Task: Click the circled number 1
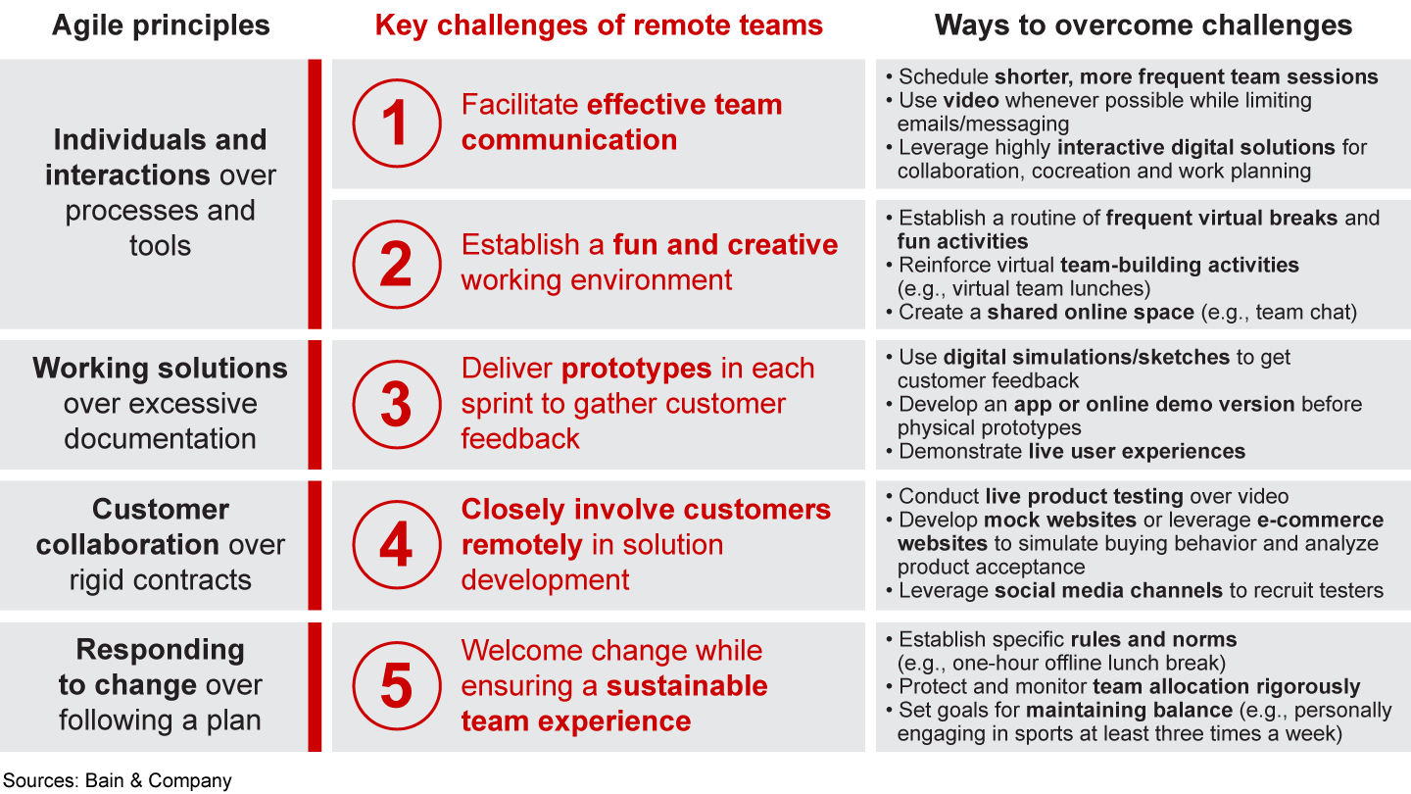[x=396, y=124]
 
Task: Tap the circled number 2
[x=396, y=265]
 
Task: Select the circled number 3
[x=396, y=405]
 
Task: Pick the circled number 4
[x=396, y=545]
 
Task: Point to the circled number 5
[x=396, y=686]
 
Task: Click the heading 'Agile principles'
[x=160, y=25]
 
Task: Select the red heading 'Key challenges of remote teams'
[x=599, y=25]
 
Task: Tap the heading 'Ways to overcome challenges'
[x=1143, y=25]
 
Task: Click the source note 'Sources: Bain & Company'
[x=117, y=780]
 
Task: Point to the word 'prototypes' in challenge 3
[x=636, y=369]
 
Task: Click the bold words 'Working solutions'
[x=160, y=369]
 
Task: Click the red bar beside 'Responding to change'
[x=315, y=686]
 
